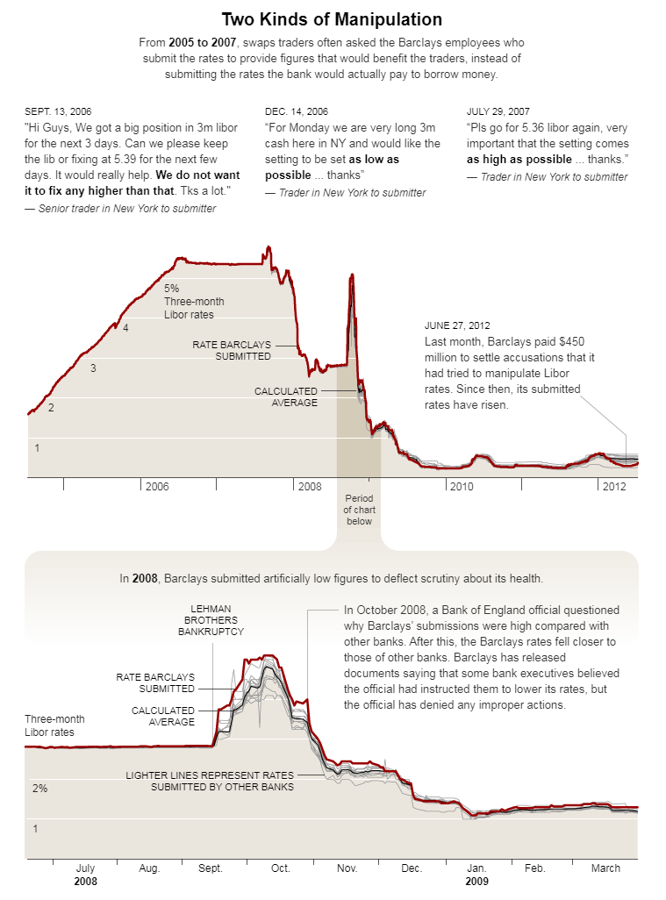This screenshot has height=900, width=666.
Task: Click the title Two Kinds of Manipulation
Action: [332, 19]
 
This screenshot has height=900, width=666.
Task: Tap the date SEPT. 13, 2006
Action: [58, 111]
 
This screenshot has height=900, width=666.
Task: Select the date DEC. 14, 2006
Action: [297, 111]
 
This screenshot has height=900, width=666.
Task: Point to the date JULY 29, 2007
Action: [498, 111]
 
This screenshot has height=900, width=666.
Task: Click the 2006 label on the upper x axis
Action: [157, 486]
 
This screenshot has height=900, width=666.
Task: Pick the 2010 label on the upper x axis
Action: [462, 486]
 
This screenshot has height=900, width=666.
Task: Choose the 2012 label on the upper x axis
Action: [612, 486]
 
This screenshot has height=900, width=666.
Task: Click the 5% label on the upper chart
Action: [171, 288]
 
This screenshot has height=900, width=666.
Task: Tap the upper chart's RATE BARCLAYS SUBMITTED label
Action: [232, 350]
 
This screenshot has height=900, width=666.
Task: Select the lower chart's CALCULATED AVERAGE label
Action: [163, 716]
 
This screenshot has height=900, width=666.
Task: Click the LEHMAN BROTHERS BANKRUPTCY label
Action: [211, 620]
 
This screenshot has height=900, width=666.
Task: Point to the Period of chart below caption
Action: [359, 510]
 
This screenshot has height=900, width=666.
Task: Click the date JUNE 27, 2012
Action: [457, 325]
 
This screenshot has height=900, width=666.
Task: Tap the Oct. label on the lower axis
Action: [280, 868]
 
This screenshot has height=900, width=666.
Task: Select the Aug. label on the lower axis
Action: [150, 868]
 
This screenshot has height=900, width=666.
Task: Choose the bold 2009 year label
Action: [476, 881]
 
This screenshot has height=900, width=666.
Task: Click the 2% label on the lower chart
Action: [39, 789]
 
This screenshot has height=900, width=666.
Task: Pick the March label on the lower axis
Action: [605, 868]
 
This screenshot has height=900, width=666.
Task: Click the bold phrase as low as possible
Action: [332, 168]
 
